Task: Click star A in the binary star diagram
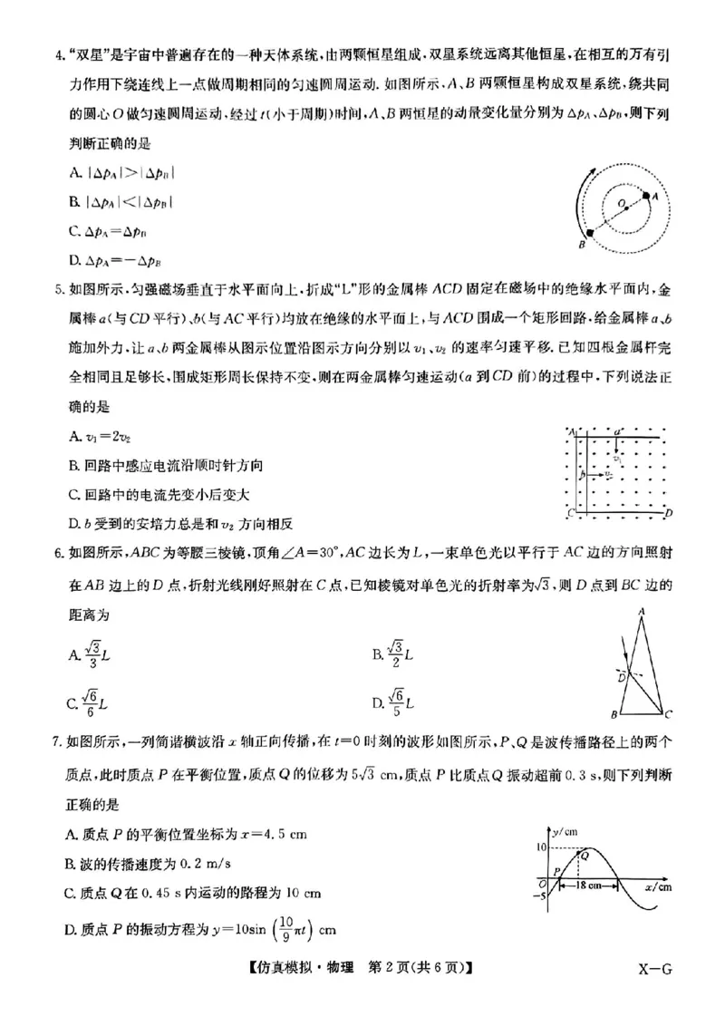pyautogui.click(x=646, y=195)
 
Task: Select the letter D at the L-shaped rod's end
pyautogui.click(x=668, y=514)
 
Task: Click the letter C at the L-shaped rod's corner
pyautogui.click(x=569, y=514)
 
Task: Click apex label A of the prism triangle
pyautogui.click(x=641, y=614)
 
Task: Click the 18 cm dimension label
pyautogui.click(x=589, y=886)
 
